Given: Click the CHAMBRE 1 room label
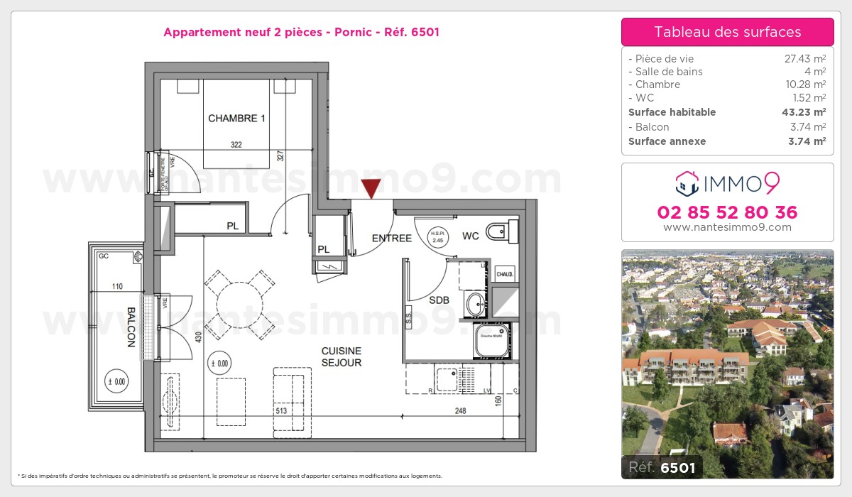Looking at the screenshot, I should point(236,119).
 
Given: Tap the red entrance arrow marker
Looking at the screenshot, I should point(371,189).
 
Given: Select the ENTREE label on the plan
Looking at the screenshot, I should point(391,239).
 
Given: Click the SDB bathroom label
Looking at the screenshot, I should point(439,300).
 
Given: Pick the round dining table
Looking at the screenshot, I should point(239,302).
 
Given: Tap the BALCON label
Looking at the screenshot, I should point(131,327).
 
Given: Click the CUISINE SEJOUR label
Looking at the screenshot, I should point(342,356).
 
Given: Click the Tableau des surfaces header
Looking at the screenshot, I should point(727,32).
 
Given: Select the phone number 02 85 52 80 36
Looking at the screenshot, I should point(727,212).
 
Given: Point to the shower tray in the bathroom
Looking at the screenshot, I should point(491,339).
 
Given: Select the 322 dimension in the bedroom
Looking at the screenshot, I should point(236,145).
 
